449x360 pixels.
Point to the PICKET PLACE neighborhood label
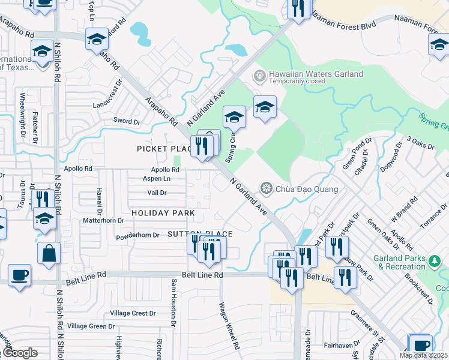coord(163,149)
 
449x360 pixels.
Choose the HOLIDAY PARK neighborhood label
coord(163,213)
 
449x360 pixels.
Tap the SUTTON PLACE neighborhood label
coord(199,233)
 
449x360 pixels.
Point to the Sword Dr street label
coord(127,121)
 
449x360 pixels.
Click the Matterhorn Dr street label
coord(103,220)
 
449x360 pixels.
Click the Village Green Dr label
coord(91,326)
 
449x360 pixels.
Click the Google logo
coord(20,353)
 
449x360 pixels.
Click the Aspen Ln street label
coord(157,178)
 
